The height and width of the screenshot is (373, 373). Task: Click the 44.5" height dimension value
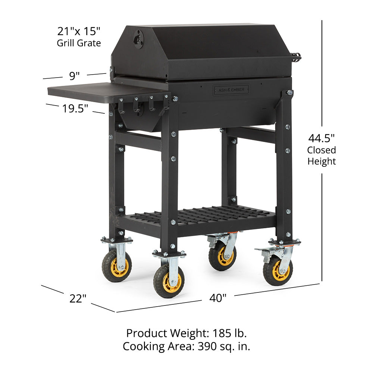point(321,138)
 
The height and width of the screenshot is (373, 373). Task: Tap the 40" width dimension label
point(218,298)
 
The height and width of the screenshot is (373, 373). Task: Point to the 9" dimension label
point(75,76)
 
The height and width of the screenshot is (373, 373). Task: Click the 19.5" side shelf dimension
point(75,109)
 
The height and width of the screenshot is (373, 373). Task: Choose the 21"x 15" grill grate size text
point(79,31)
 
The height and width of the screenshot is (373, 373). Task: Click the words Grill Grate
point(79,43)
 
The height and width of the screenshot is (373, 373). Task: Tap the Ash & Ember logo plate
point(231,90)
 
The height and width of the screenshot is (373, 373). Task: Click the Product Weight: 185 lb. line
point(186,333)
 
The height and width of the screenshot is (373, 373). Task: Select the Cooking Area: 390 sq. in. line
point(186,347)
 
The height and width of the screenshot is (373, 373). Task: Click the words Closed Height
point(322,156)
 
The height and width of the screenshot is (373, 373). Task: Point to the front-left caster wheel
point(117,266)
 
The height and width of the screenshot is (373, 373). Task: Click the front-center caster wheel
point(169,281)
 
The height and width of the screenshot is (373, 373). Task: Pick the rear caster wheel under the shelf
point(222,257)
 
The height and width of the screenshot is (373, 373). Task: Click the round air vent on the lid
point(138,39)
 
